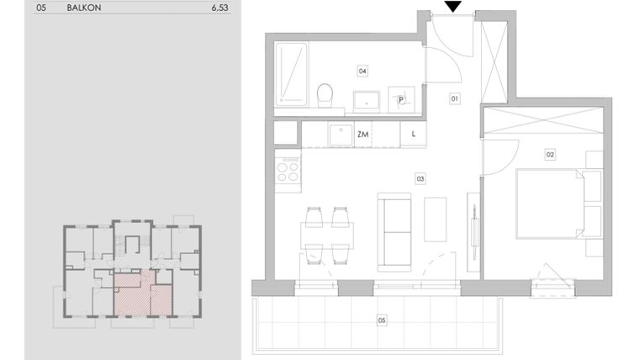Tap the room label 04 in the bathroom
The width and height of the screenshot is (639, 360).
[x=362, y=71]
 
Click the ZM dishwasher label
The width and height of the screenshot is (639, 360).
[x=363, y=134]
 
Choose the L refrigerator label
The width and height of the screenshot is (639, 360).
[x=414, y=134]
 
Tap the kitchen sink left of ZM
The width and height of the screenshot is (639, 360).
[x=341, y=134]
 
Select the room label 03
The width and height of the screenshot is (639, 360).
[x=420, y=178]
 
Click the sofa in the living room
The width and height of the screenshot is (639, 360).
[x=394, y=232]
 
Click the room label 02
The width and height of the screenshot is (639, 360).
[x=550, y=155]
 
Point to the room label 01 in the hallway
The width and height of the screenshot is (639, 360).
[x=455, y=98]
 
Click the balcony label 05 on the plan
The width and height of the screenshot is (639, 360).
[x=382, y=320]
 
